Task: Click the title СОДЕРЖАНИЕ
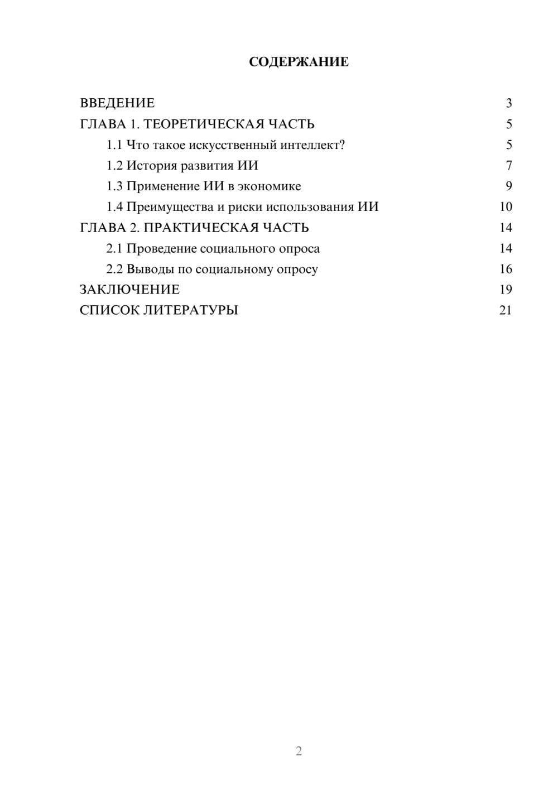click(x=299, y=62)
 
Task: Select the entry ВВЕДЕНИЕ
click(x=117, y=103)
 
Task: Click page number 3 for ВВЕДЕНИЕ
click(x=508, y=103)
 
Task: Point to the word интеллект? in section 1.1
click(x=312, y=145)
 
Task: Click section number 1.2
click(x=114, y=166)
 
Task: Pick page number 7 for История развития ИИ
click(x=508, y=166)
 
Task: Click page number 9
click(x=508, y=186)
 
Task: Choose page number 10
click(x=506, y=207)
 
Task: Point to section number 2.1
click(x=114, y=248)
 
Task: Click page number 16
click(x=506, y=269)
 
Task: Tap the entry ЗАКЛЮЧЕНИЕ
click(x=129, y=290)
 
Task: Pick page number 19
click(x=506, y=290)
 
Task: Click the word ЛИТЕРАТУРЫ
click(x=191, y=310)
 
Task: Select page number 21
click(x=506, y=310)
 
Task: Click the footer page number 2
click(x=299, y=751)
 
